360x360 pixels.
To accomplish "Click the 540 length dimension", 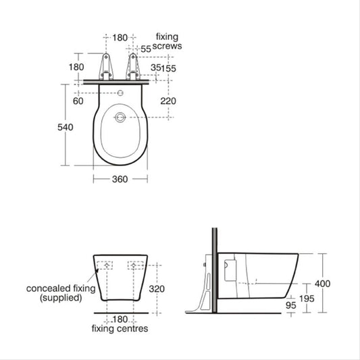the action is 66,127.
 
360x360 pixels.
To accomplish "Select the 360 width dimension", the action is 120,179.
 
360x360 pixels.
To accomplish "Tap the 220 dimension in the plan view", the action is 168,101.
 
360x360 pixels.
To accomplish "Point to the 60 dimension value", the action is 78,101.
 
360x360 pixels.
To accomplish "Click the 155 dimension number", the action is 169,68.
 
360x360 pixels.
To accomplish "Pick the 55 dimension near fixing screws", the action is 146,49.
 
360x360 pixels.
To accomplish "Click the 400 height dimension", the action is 323,284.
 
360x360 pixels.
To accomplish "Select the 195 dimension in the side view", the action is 307,299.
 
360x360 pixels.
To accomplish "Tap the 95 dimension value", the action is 291,305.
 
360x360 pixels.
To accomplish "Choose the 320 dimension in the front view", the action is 157,289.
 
